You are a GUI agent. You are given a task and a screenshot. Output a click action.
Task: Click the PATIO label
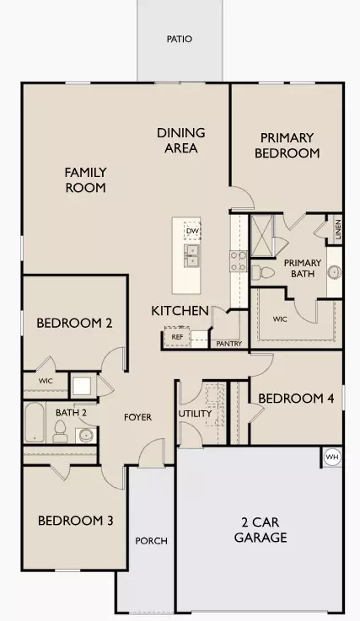(x=179, y=39)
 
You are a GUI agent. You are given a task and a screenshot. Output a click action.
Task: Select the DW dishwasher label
(x=191, y=231)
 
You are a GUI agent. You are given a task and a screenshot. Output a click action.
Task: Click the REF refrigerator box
(x=177, y=337)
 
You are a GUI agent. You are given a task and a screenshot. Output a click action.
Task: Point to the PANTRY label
(x=228, y=344)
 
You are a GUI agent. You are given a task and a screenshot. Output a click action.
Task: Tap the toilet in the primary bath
(x=261, y=271)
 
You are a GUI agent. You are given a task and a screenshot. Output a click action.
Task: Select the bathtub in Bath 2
(x=33, y=421)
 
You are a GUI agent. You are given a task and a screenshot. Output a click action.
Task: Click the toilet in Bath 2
(x=60, y=431)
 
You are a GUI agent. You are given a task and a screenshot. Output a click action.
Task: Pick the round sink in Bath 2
(x=84, y=436)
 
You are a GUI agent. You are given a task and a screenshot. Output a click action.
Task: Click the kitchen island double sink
(x=191, y=254)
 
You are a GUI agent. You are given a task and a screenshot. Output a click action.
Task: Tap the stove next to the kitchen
(x=238, y=260)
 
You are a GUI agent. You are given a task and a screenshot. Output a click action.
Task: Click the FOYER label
(x=137, y=416)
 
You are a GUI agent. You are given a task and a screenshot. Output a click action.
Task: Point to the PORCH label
(x=151, y=541)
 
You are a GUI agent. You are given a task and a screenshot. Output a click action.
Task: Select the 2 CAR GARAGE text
(x=261, y=530)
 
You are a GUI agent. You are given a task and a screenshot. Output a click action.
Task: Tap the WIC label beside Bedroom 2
(x=45, y=381)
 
